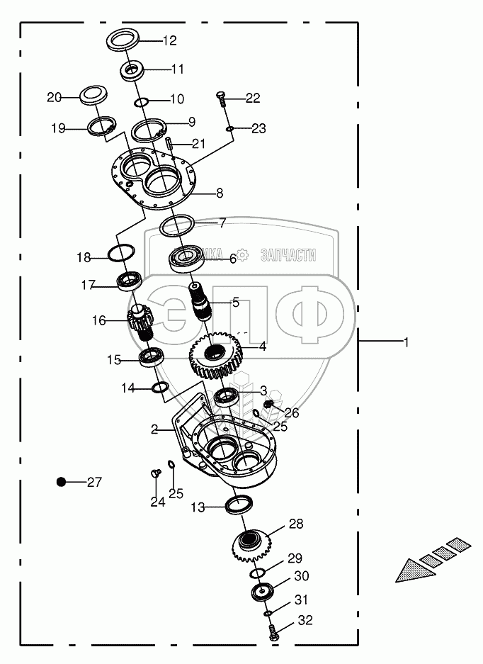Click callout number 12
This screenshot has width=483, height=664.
169,40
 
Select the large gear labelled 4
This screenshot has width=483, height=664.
215,355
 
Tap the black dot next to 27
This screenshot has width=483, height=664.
62,482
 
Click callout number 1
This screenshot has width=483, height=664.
407,342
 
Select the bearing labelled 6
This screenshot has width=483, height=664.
186,259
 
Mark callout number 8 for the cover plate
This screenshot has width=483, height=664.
220,193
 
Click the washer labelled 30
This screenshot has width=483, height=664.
264,592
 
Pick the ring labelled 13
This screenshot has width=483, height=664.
238,505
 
